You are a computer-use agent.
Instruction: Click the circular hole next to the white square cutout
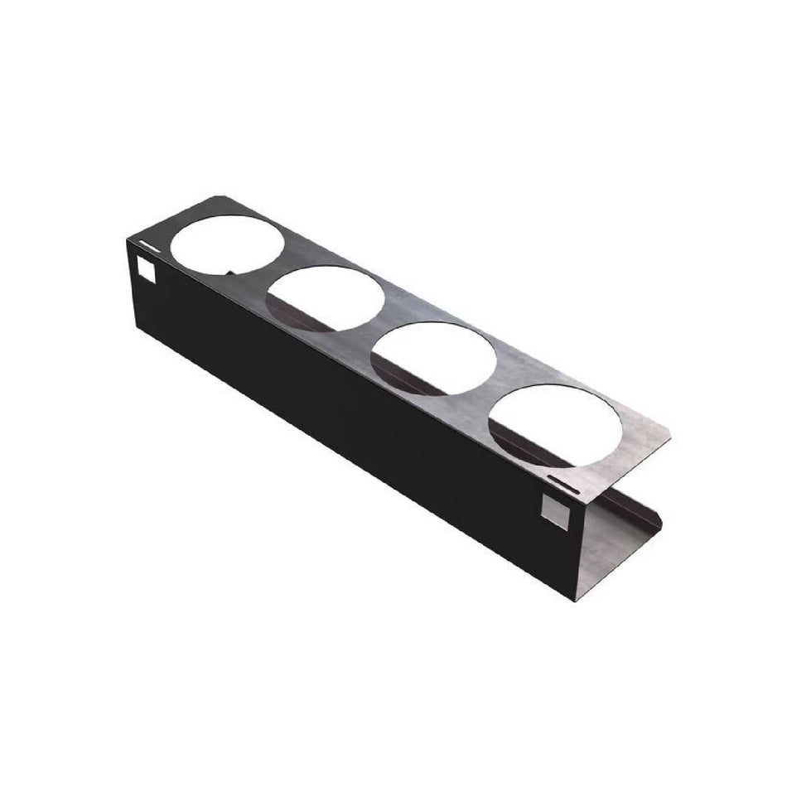click(229, 242)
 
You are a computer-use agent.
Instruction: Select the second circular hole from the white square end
click(326, 297)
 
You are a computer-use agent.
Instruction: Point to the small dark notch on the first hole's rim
click(229, 270)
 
